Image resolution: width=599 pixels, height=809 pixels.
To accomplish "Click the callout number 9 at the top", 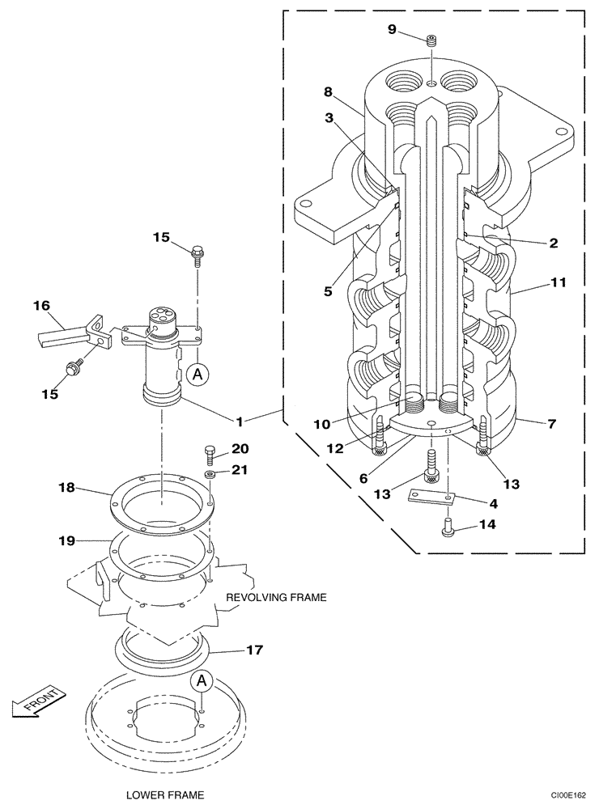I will (392, 29).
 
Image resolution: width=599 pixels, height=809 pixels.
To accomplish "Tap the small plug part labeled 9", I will (432, 40).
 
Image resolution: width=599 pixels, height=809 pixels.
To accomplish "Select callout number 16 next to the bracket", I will (41, 305).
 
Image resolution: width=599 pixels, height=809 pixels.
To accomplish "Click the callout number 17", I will (254, 649).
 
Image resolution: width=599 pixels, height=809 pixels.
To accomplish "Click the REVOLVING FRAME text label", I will (276, 598).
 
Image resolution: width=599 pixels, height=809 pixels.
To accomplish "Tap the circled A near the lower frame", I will (202, 682).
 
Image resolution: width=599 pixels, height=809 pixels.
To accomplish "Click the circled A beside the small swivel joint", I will (194, 373).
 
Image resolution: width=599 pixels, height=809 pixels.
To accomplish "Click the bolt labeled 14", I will (448, 530).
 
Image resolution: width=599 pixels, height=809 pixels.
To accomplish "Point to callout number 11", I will (559, 283).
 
